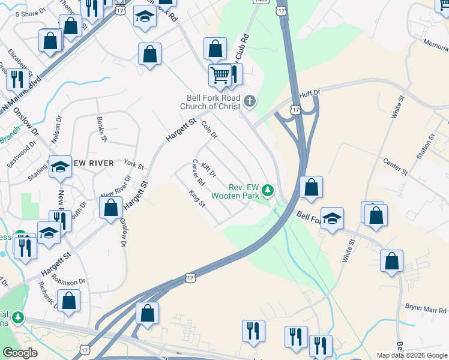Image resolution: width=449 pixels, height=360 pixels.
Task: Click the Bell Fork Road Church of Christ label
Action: click(213, 103)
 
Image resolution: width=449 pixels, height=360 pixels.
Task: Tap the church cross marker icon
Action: click(250, 101)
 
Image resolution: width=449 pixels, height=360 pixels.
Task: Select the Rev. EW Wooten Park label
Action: click(235, 191)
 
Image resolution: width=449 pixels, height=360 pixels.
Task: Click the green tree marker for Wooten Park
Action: click(268, 191)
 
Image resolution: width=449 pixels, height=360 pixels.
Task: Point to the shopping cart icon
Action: click(220, 76)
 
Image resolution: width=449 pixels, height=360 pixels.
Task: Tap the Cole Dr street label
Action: click(208, 130)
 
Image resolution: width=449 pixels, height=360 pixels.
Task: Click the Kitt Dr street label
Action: click(208, 170)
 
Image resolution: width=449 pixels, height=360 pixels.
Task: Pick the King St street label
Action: click(197, 198)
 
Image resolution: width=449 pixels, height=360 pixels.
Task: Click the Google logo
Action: click(20, 353)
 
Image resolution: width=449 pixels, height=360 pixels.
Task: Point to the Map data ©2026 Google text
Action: click(411, 355)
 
